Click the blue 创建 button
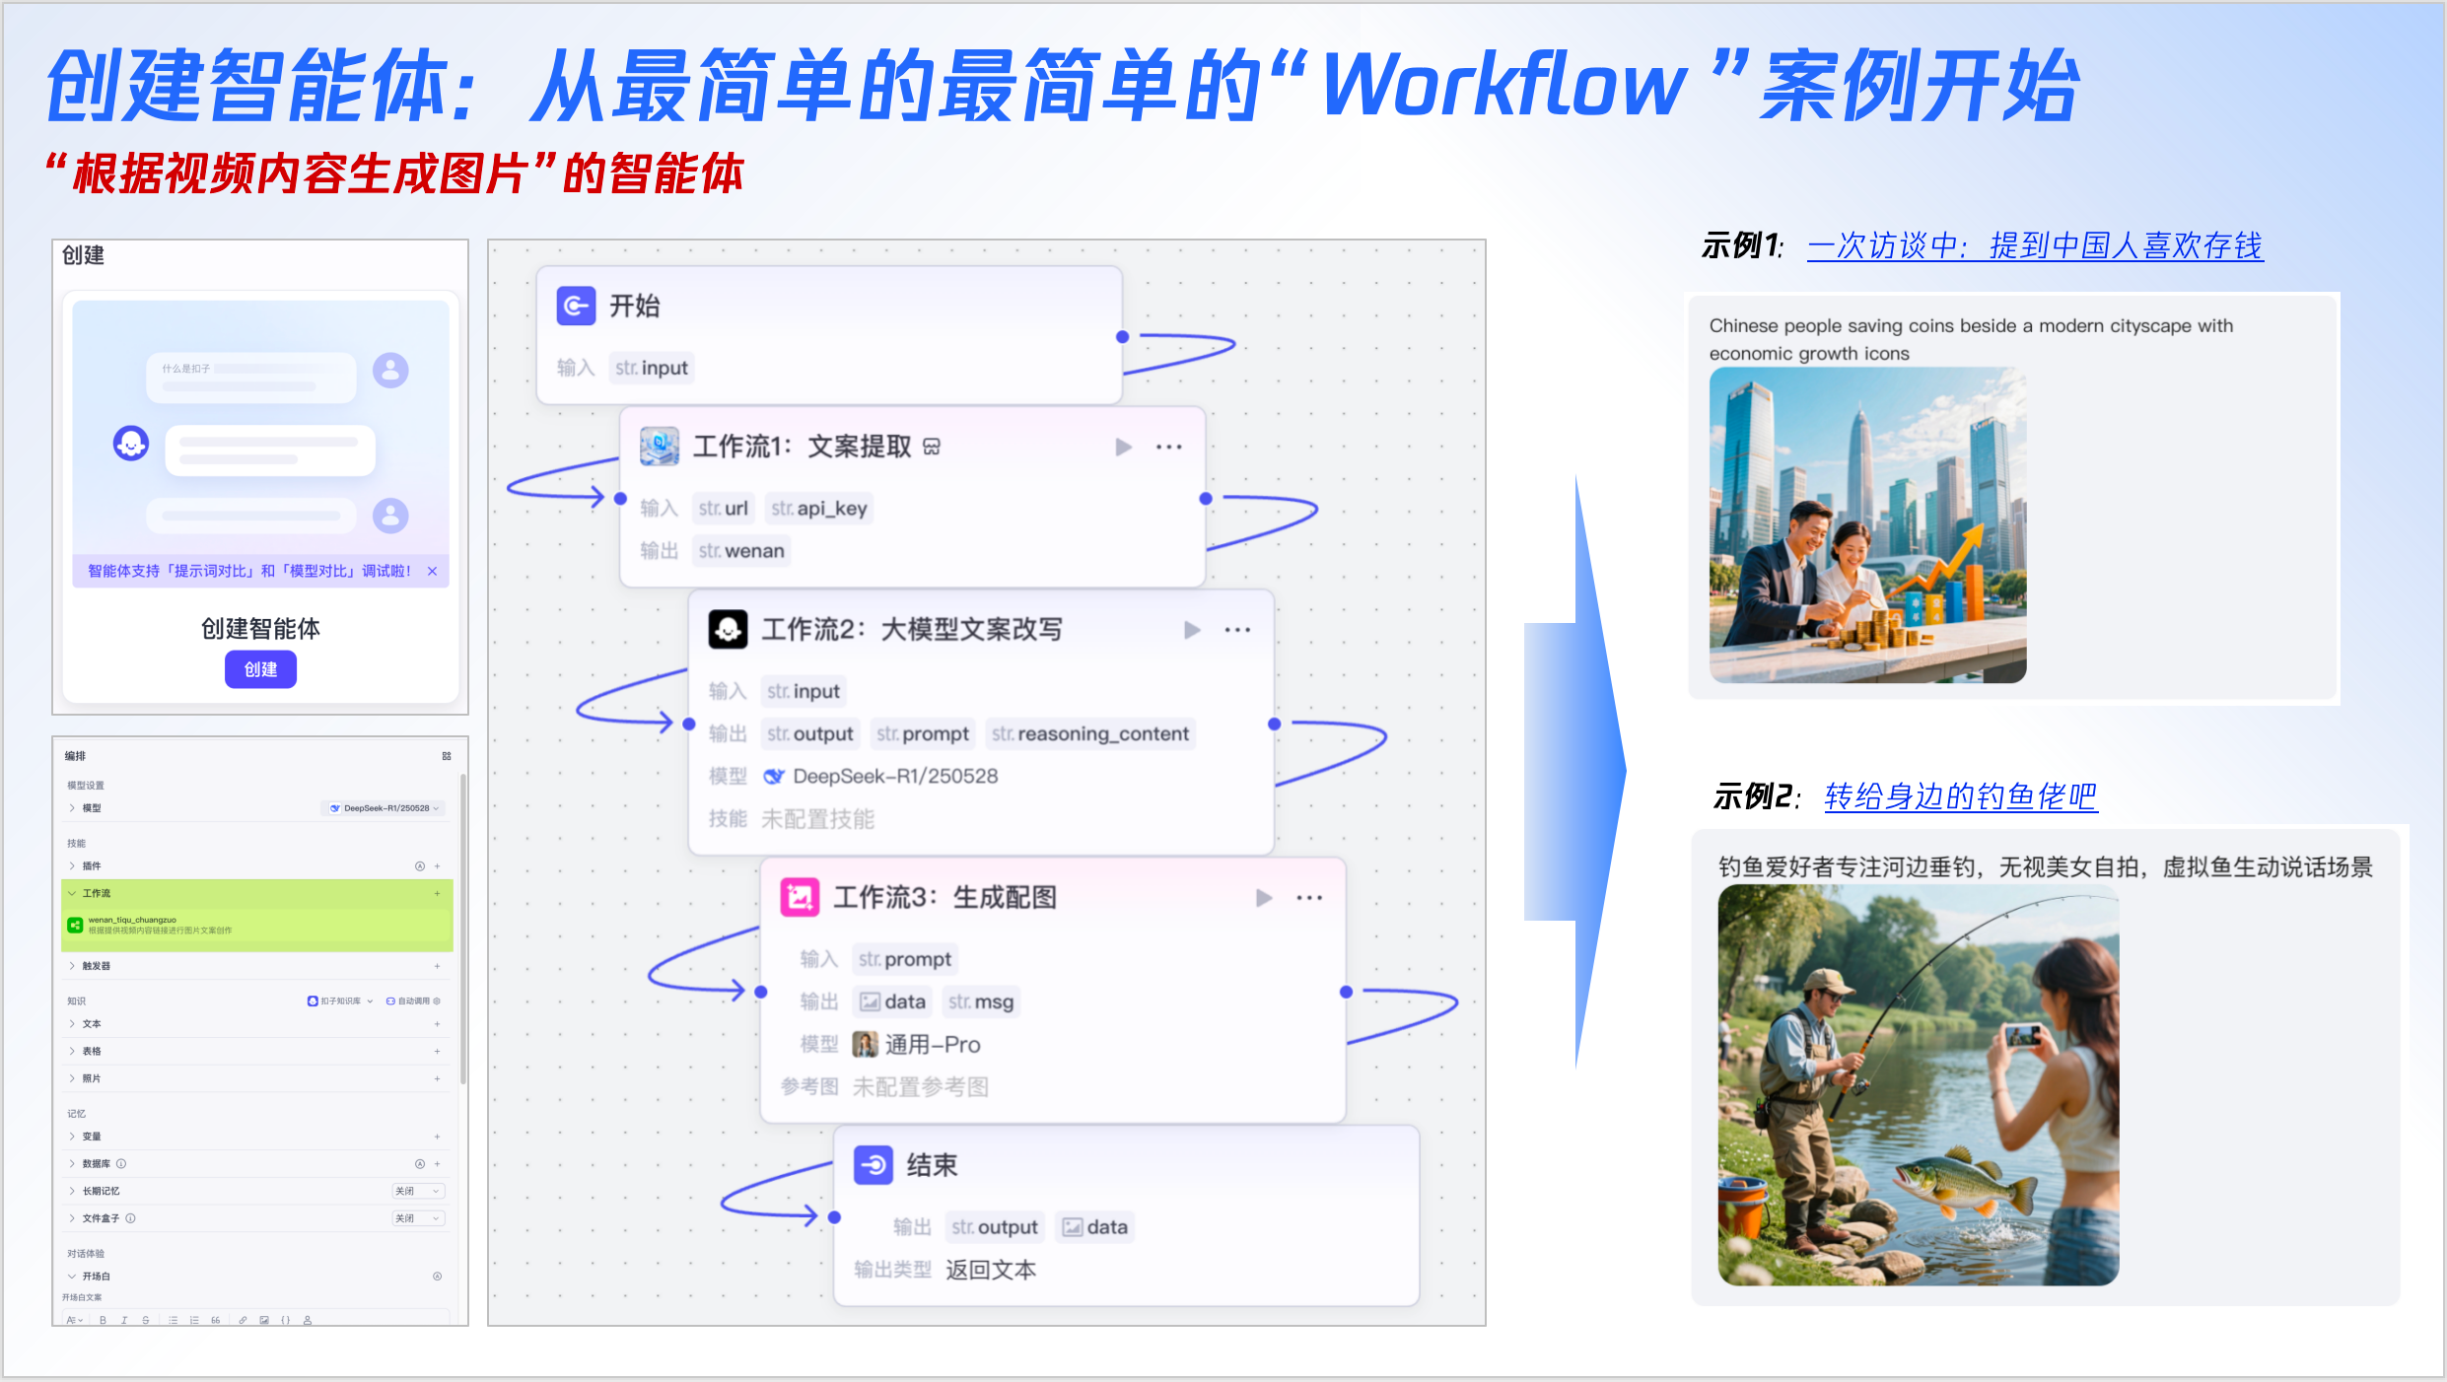pos(260,669)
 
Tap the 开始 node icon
pos(576,306)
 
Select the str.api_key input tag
pos(819,509)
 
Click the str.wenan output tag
pos(741,551)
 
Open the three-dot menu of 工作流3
pos(1309,898)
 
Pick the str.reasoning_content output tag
pos(1090,734)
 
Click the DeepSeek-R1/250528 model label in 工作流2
pos(894,777)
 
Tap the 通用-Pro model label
pos(932,1045)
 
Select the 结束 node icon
pos(874,1165)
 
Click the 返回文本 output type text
pos(991,1270)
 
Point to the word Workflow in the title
pos(1503,87)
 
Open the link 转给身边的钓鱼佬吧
pos(1960,796)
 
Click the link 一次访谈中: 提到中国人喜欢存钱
pos(2035,245)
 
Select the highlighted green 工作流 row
pos(256,893)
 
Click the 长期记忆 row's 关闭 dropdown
pos(418,1191)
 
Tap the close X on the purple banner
pos(432,571)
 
